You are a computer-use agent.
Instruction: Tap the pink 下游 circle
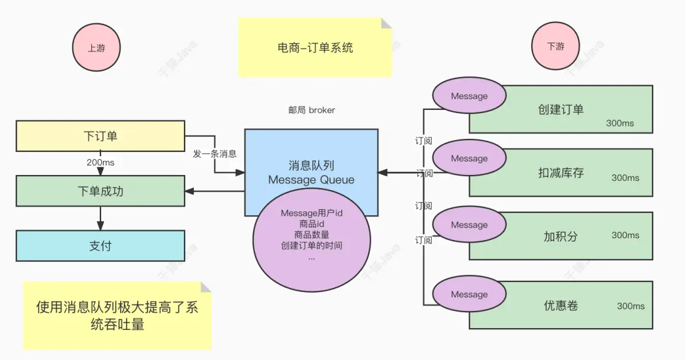(555, 47)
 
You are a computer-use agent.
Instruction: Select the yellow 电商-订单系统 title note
(315, 48)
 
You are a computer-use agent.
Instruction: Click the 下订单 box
(100, 136)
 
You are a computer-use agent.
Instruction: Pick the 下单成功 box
(100, 191)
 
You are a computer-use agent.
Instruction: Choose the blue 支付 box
(100, 245)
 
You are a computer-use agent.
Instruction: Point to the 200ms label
(100, 163)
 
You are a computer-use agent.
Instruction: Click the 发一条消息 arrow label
(215, 154)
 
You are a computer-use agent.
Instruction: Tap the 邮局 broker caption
(311, 110)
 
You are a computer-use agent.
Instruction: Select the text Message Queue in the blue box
(311, 180)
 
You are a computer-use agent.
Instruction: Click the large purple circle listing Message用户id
(311, 242)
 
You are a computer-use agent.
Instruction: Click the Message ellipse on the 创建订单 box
(469, 96)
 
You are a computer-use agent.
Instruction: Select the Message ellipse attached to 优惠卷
(469, 294)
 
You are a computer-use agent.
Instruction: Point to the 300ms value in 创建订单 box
(620, 123)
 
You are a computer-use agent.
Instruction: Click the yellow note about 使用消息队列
(117, 316)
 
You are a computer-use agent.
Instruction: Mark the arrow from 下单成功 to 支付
(100, 218)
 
